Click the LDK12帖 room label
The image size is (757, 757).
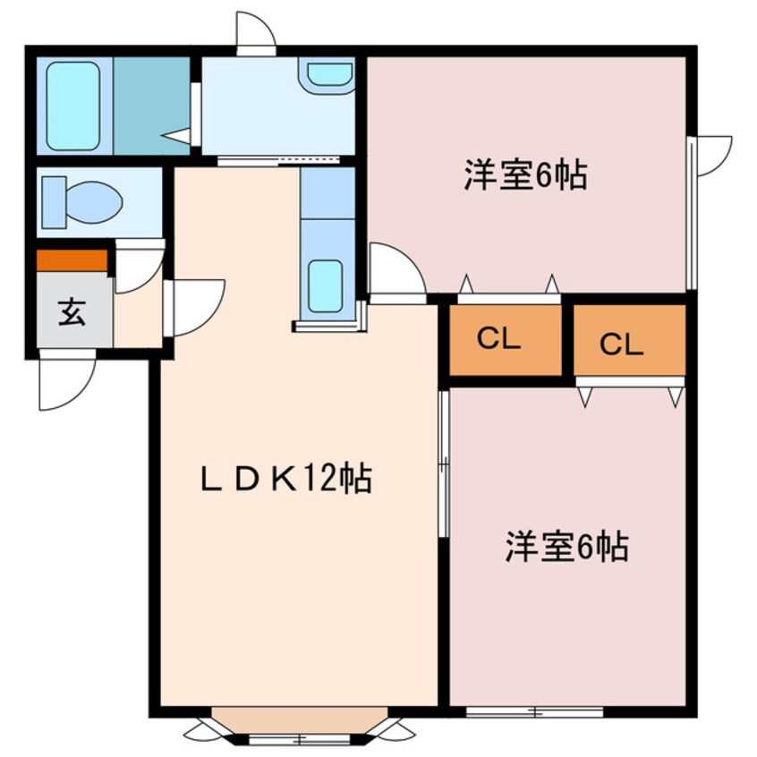tap(285, 481)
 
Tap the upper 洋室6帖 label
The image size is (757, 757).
tap(525, 175)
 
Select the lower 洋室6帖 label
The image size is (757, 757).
tap(566, 546)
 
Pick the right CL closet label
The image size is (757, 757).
tap(621, 344)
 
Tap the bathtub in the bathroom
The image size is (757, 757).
tap(73, 105)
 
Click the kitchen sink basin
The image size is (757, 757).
tap(324, 285)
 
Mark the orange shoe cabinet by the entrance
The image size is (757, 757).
tap(72, 260)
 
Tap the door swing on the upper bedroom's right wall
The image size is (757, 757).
tap(713, 154)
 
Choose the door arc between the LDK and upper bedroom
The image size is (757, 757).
tap(394, 269)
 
